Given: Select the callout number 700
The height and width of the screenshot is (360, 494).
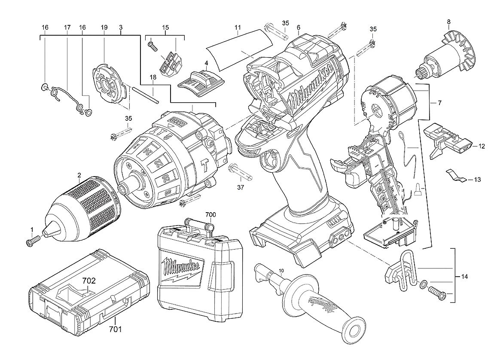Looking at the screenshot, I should pyautogui.click(x=210, y=214).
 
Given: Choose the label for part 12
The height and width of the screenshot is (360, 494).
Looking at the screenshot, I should pyautogui.click(x=481, y=146).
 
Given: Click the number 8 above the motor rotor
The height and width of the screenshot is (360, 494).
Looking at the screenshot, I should pyautogui.click(x=448, y=22).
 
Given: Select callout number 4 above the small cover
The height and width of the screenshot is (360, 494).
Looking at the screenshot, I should pyautogui.click(x=206, y=63).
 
